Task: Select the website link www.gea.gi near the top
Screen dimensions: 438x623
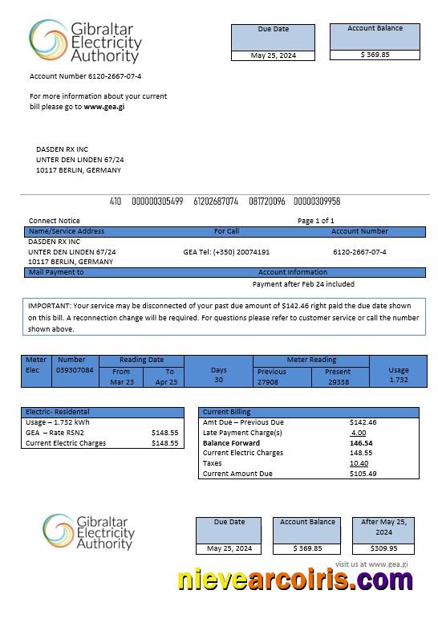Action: click(104, 107)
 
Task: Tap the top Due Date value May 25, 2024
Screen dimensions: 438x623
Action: click(272, 55)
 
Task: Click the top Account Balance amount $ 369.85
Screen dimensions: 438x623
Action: click(375, 55)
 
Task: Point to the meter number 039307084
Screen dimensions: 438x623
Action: click(75, 370)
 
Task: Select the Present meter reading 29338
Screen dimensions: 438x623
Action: click(339, 382)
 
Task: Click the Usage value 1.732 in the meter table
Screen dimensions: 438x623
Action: click(398, 380)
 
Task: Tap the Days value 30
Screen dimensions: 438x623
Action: click(218, 380)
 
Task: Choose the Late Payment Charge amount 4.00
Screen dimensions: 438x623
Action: click(358, 433)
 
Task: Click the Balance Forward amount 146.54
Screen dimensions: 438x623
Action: click(361, 442)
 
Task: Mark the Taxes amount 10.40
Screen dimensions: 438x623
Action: click(359, 463)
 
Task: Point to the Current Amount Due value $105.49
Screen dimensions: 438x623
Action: click(363, 474)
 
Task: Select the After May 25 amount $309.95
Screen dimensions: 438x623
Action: click(383, 548)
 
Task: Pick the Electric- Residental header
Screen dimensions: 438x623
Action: click(58, 412)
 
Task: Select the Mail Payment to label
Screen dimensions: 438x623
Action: click(56, 272)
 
